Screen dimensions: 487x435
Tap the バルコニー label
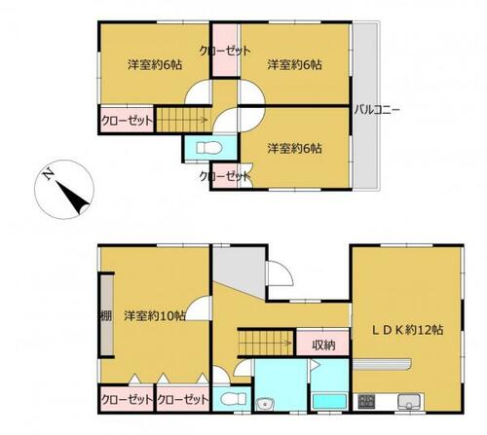(377, 110)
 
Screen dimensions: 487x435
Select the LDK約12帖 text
(407, 330)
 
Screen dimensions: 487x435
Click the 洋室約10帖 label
(155, 315)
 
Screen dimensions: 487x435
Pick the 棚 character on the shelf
(106, 315)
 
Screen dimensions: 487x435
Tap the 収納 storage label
(323, 344)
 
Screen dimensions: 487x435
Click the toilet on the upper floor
(209, 148)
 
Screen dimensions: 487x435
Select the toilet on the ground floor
(233, 399)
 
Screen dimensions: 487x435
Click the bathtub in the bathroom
(329, 401)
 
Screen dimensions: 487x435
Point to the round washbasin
(265, 405)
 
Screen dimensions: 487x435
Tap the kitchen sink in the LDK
(409, 401)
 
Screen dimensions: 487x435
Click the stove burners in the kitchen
(366, 401)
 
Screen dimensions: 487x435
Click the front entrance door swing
(281, 273)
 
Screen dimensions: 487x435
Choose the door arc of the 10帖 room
(198, 308)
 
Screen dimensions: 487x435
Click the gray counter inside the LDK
(382, 363)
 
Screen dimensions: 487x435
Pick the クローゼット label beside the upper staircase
(127, 121)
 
